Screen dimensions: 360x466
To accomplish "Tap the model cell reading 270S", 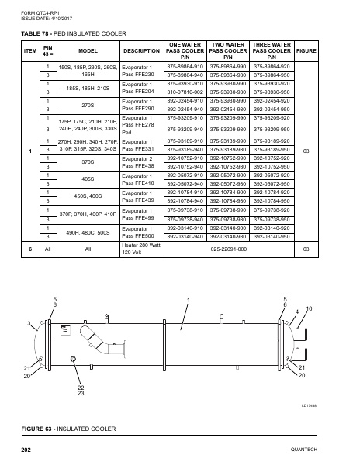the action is click(88, 105).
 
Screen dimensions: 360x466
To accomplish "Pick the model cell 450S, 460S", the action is click(88, 196).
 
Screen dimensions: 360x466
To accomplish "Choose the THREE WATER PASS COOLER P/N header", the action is click(272, 50).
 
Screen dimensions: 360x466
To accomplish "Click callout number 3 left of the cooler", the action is click(29, 322).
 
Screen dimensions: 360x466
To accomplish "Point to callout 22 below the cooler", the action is click(81, 388).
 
